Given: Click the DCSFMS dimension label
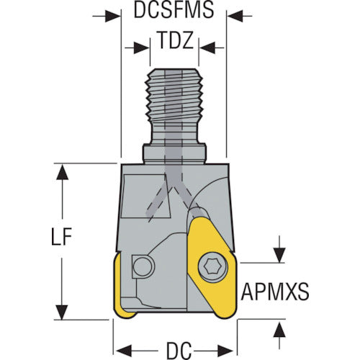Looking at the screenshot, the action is click(x=174, y=10).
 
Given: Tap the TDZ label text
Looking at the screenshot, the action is click(x=176, y=40).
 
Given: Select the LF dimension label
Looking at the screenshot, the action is click(x=62, y=236).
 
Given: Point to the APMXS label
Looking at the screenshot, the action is click(x=275, y=292).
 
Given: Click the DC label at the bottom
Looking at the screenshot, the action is click(x=179, y=351).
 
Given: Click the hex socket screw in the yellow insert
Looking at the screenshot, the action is click(x=213, y=266).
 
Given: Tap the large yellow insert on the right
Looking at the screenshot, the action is click(x=212, y=268).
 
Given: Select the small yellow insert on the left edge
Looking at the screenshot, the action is click(x=122, y=288).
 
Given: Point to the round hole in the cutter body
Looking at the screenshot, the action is click(x=143, y=267).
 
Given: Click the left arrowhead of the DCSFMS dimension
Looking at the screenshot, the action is click(x=112, y=17).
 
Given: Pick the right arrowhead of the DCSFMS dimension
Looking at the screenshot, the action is click(x=235, y=17).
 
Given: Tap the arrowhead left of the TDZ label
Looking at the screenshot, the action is click(x=142, y=48).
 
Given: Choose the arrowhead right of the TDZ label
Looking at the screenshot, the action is click(x=207, y=48).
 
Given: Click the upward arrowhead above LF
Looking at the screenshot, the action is click(x=62, y=172).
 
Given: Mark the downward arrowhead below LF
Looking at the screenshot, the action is click(x=62, y=312).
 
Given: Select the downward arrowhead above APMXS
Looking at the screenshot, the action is click(x=279, y=255).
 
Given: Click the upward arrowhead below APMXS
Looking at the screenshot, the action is click(x=279, y=330).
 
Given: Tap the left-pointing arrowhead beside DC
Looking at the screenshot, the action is click(x=124, y=351).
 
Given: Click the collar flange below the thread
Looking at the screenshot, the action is click(x=174, y=153).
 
